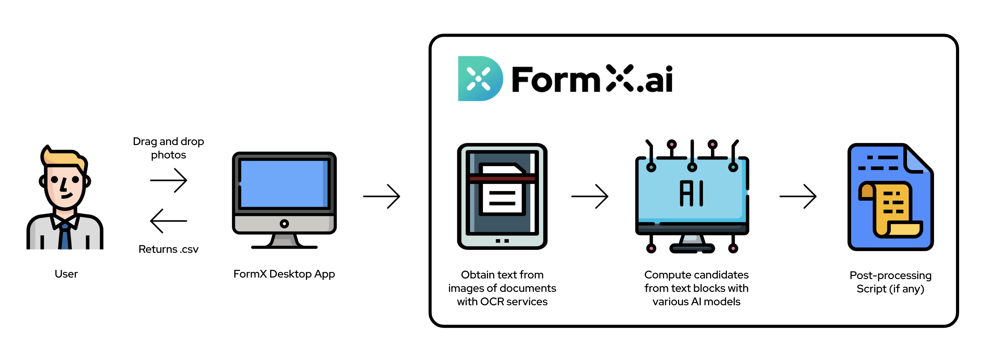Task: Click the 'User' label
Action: pyautogui.click(x=66, y=274)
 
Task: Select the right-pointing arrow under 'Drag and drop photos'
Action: pyautogui.click(x=168, y=180)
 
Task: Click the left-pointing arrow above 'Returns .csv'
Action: pyautogui.click(x=168, y=221)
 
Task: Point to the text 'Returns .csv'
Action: pyautogui.click(x=168, y=249)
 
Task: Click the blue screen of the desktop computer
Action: pyautogui.click(x=284, y=184)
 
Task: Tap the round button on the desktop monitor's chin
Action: pyautogui.click(x=284, y=224)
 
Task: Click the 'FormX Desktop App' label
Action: pyautogui.click(x=284, y=274)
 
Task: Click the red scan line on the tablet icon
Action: pyautogui.click(x=502, y=178)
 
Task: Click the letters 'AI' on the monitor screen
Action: pyautogui.click(x=691, y=193)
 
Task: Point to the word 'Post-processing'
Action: pyautogui.click(x=890, y=276)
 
